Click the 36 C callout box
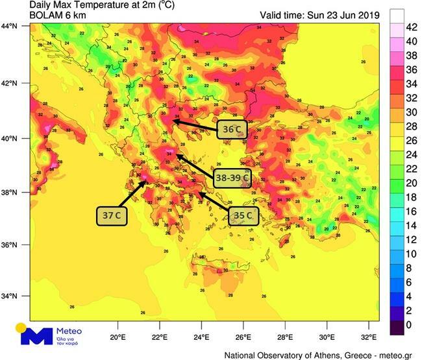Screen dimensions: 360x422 [x=232, y=130]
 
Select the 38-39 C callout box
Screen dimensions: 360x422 [x=232, y=176]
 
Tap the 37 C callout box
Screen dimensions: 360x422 [x=112, y=215]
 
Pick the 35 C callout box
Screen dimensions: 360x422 [x=244, y=215]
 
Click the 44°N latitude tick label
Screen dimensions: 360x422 [x=8, y=27]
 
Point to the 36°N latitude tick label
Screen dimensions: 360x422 [x=8, y=245]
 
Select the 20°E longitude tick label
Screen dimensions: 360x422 [x=118, y=337]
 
